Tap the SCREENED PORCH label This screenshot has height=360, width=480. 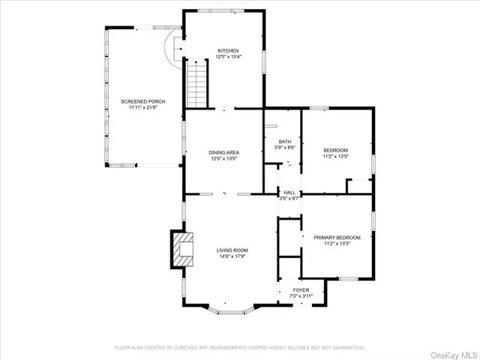tap(142, 101)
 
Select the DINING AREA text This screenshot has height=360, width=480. tap(223, 152)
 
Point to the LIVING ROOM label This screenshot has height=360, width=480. tap(232, 250)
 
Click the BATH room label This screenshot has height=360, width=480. tap(285, 142)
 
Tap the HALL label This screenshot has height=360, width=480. tap(289, 193)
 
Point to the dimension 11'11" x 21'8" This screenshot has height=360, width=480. tap(142, 107)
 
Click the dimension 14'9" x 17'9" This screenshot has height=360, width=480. tap(232, 256)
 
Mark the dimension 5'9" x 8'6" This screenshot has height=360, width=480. tap(285, 148)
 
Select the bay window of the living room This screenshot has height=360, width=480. tap(232, 308)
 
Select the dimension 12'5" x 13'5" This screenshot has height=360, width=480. tap(223, 159)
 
